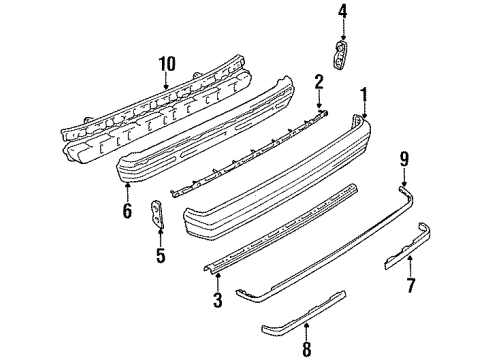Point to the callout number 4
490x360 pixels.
[x=341, y=12]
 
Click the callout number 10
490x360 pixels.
[x=167, y=63]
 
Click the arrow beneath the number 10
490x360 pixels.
[x=167, y=79]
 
